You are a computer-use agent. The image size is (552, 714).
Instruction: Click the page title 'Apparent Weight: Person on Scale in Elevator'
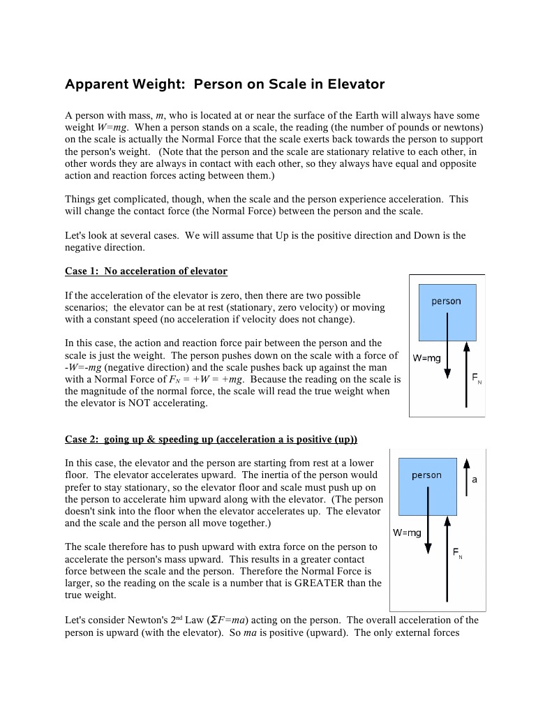[x=225, y=84]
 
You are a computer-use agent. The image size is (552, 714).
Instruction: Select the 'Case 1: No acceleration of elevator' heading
[x=146, y=271]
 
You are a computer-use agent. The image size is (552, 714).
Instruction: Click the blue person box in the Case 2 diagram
[x=427, y=486]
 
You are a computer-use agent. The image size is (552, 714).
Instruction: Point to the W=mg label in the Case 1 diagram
[x=426, y=358]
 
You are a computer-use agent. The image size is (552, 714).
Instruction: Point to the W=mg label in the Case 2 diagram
[x=407, y=533]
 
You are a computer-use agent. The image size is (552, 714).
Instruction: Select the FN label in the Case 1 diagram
[x=476, y=378]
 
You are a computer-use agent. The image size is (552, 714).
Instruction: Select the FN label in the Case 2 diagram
[x=457, y=553]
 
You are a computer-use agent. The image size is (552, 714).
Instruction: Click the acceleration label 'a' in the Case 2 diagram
[x=475, y=480]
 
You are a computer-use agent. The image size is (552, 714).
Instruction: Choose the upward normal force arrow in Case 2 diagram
[x=447, y=558]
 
